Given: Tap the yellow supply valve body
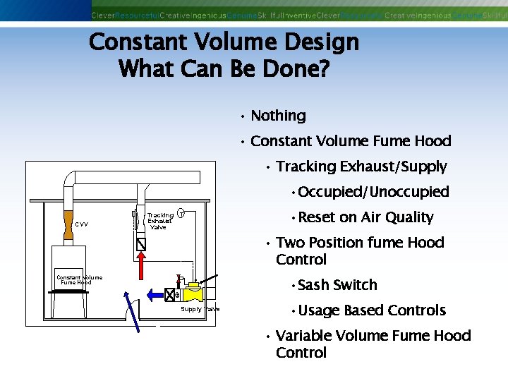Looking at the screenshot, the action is click(193, 292).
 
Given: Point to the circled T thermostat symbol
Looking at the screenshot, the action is click(181, 214).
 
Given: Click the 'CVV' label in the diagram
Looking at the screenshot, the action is click(82, 225).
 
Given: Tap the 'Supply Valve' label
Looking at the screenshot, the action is click(200, 309).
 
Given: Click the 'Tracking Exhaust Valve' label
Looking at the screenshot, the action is click(160, 221).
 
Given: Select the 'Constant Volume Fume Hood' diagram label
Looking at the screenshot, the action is click(79, 279).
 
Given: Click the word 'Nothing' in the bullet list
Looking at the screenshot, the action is click(278, 116).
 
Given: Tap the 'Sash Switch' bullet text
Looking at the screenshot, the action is click(337, 285).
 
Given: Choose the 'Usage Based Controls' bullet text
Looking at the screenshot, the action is click(372, 310).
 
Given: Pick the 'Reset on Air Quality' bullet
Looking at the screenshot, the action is click(365, 217).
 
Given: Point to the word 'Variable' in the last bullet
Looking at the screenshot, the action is click(305, 336).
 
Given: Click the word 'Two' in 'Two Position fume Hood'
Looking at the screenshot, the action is click(289, 243).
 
